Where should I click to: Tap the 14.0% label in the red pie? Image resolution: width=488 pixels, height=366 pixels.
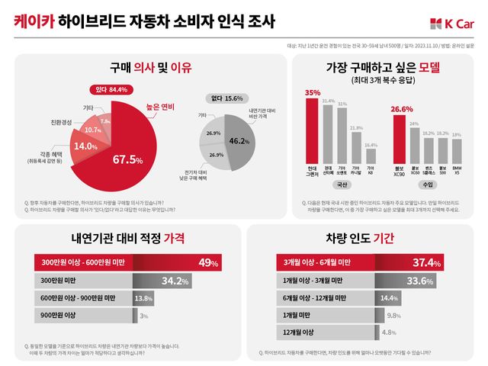(85, 146)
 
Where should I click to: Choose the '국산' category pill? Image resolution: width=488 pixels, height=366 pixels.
(342, 185)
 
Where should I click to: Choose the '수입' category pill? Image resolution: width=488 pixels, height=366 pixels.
(427, 185)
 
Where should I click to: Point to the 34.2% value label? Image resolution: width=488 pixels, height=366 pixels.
(176, 281)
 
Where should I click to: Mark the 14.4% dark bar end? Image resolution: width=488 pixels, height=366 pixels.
(388, 297)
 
